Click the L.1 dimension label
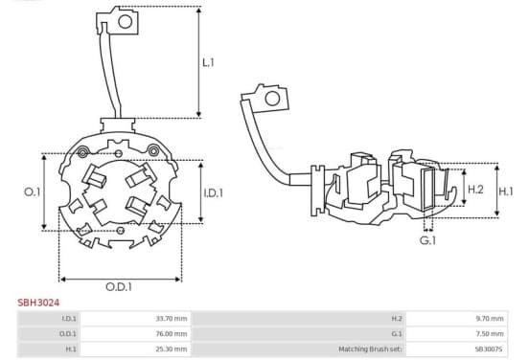point(208,62)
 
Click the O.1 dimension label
point(32,192)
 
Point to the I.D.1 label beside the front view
point(213,192)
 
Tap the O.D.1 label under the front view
point(119,287)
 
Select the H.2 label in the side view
point(475,190)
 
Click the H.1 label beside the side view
point(506,191)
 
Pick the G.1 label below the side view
point(427,240)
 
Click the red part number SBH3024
point(38,303)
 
